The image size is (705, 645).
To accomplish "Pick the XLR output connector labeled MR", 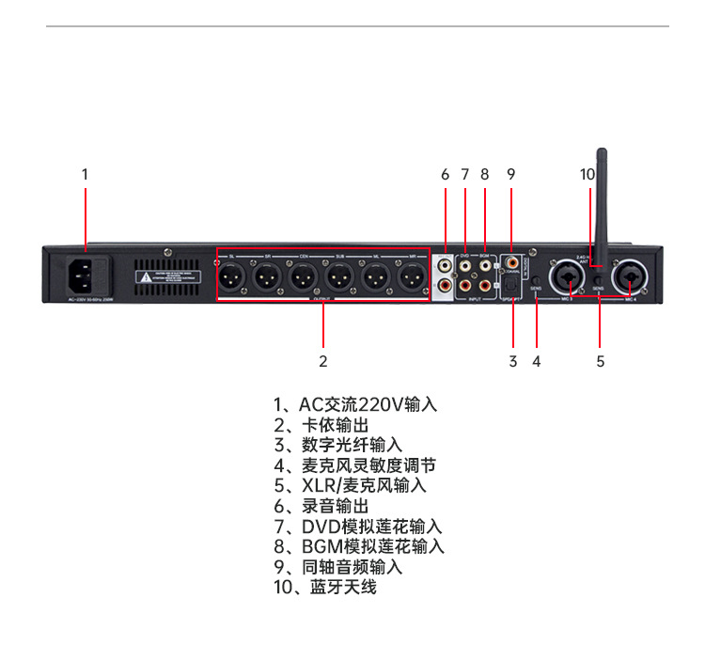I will (x=411, y=277).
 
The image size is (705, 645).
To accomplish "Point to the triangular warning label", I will (x=144, y=277).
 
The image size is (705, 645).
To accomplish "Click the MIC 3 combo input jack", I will (x=570, y=277).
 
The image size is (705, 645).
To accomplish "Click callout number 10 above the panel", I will (x=587, y=174).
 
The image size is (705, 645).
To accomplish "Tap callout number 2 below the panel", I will (x=322, y=360).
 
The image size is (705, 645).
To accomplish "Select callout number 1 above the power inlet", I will (x=85, y=174).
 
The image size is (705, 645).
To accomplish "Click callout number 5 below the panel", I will (x=600, y=360).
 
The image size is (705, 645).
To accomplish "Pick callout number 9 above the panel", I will (x=510, y=174).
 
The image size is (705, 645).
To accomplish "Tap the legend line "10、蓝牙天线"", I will (x=324, y=587).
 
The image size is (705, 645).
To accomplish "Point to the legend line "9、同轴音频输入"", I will (x=337, y=567).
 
